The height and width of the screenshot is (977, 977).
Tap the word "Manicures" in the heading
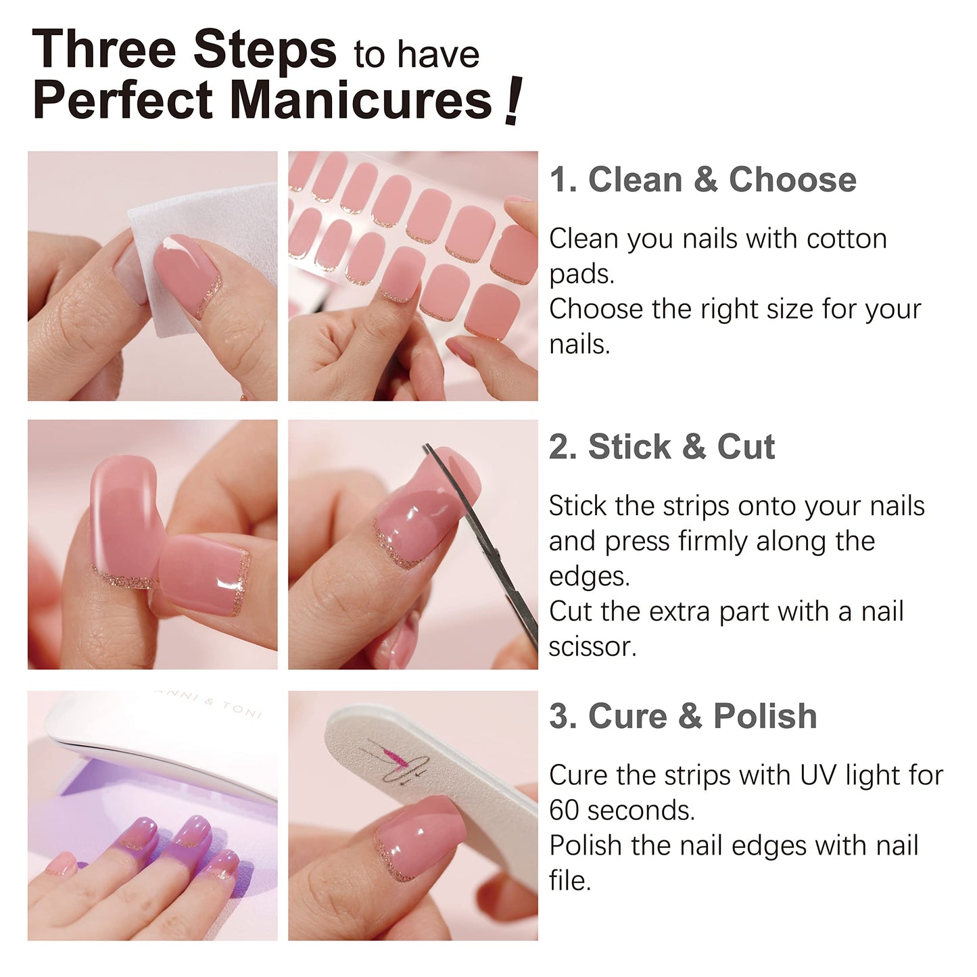point(362,101)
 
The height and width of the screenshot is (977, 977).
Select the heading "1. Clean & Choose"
point(702,180)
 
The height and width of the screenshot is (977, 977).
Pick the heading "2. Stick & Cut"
point(661,447)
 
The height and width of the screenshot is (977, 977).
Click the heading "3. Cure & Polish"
point(683,716)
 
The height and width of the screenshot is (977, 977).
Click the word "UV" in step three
point(818,776)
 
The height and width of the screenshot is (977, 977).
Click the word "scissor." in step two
point(592,647)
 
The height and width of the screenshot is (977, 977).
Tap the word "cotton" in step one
point(847,239)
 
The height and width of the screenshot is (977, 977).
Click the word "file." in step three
point(569,881)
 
